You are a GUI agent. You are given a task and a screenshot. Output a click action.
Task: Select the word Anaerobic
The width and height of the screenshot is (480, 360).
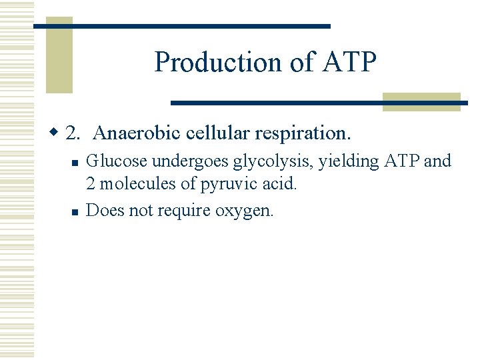pos(127,133)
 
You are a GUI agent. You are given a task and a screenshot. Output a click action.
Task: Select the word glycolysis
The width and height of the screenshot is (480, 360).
pos(269,162)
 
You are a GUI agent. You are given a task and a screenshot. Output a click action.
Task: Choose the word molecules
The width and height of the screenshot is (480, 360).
pos(134,183)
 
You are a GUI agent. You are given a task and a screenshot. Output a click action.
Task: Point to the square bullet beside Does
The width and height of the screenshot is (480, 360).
pos(75,212)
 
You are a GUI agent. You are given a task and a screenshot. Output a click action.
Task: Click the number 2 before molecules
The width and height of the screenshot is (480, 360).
pos(91,183)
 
